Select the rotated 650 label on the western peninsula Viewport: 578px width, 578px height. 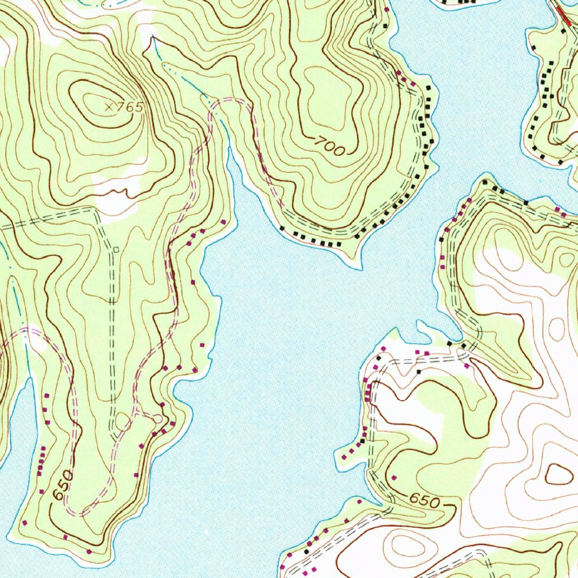click(63, 485)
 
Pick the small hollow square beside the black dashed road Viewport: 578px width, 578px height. click(116, 249)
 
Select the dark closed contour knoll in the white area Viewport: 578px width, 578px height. click(558, 474)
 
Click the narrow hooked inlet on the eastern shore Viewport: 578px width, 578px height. click(421, 327)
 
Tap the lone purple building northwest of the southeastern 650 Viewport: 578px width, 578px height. click(394, 478)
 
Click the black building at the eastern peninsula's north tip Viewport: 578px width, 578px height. click(486, 183)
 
